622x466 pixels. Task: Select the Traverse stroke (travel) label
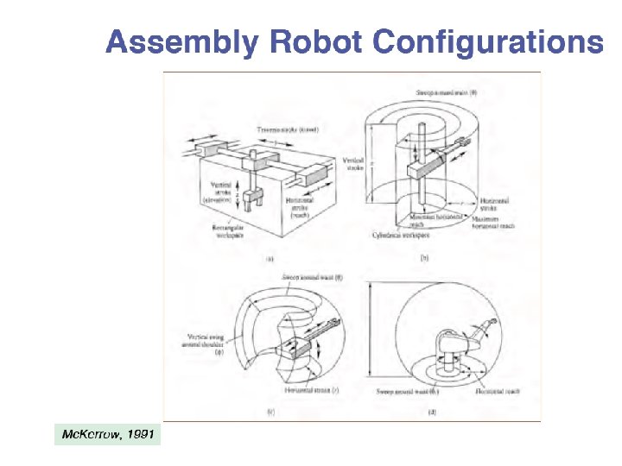click(289, 129)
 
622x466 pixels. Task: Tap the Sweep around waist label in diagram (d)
click(409, 391)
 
